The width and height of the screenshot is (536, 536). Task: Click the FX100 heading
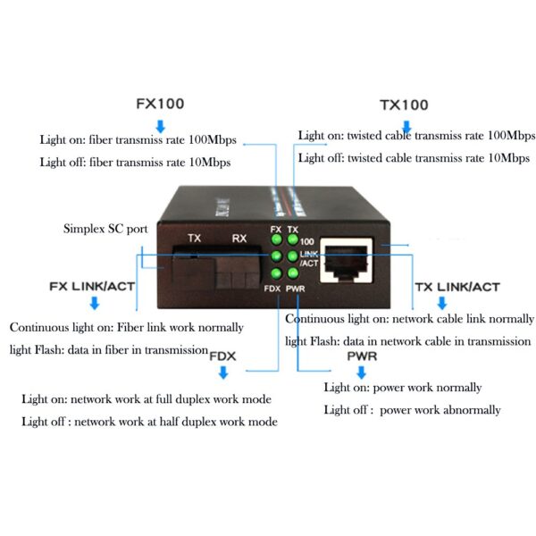coord(160,103)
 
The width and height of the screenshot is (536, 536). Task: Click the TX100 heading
coord(404,105)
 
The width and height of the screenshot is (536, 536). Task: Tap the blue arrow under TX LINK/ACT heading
coord(441,304)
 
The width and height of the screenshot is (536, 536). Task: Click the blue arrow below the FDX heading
coord(222,372)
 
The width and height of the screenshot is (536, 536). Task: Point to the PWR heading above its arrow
coord(361,356)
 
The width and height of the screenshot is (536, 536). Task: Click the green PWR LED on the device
coord(292,273)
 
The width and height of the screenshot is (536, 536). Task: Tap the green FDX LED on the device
coord(277,273)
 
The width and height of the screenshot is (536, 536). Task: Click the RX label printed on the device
coord(239,239)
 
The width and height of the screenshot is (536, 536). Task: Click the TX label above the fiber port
coord(194,239)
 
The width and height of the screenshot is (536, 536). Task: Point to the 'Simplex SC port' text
coord(105,229)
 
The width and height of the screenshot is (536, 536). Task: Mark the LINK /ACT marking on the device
coord(308,259)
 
